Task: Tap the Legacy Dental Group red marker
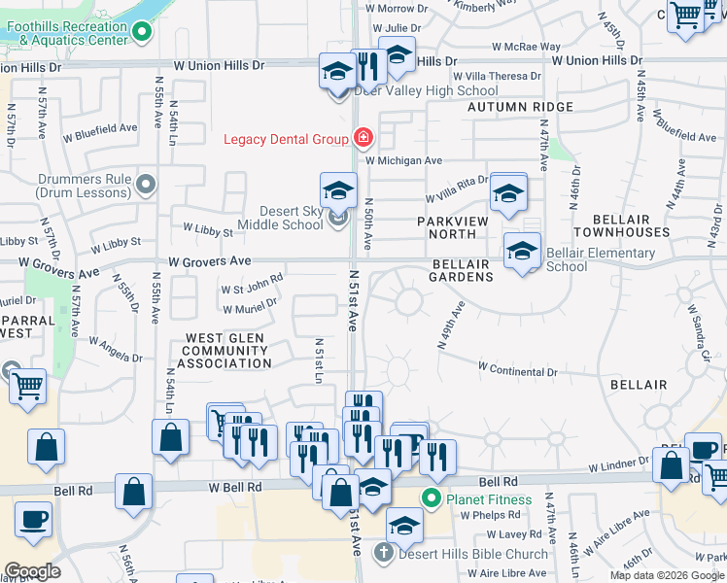coord(363,139)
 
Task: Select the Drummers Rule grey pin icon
coord(147,183)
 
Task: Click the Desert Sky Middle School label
coord(291,218)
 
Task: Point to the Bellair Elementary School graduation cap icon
coord(522,253)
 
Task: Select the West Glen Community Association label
coord(226,351)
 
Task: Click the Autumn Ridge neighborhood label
coord(520,107)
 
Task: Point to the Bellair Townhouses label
coord(621,225)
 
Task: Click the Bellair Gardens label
coord(462,270)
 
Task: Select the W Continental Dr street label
coord(518,371)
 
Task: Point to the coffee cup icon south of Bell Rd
coord(33,519)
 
